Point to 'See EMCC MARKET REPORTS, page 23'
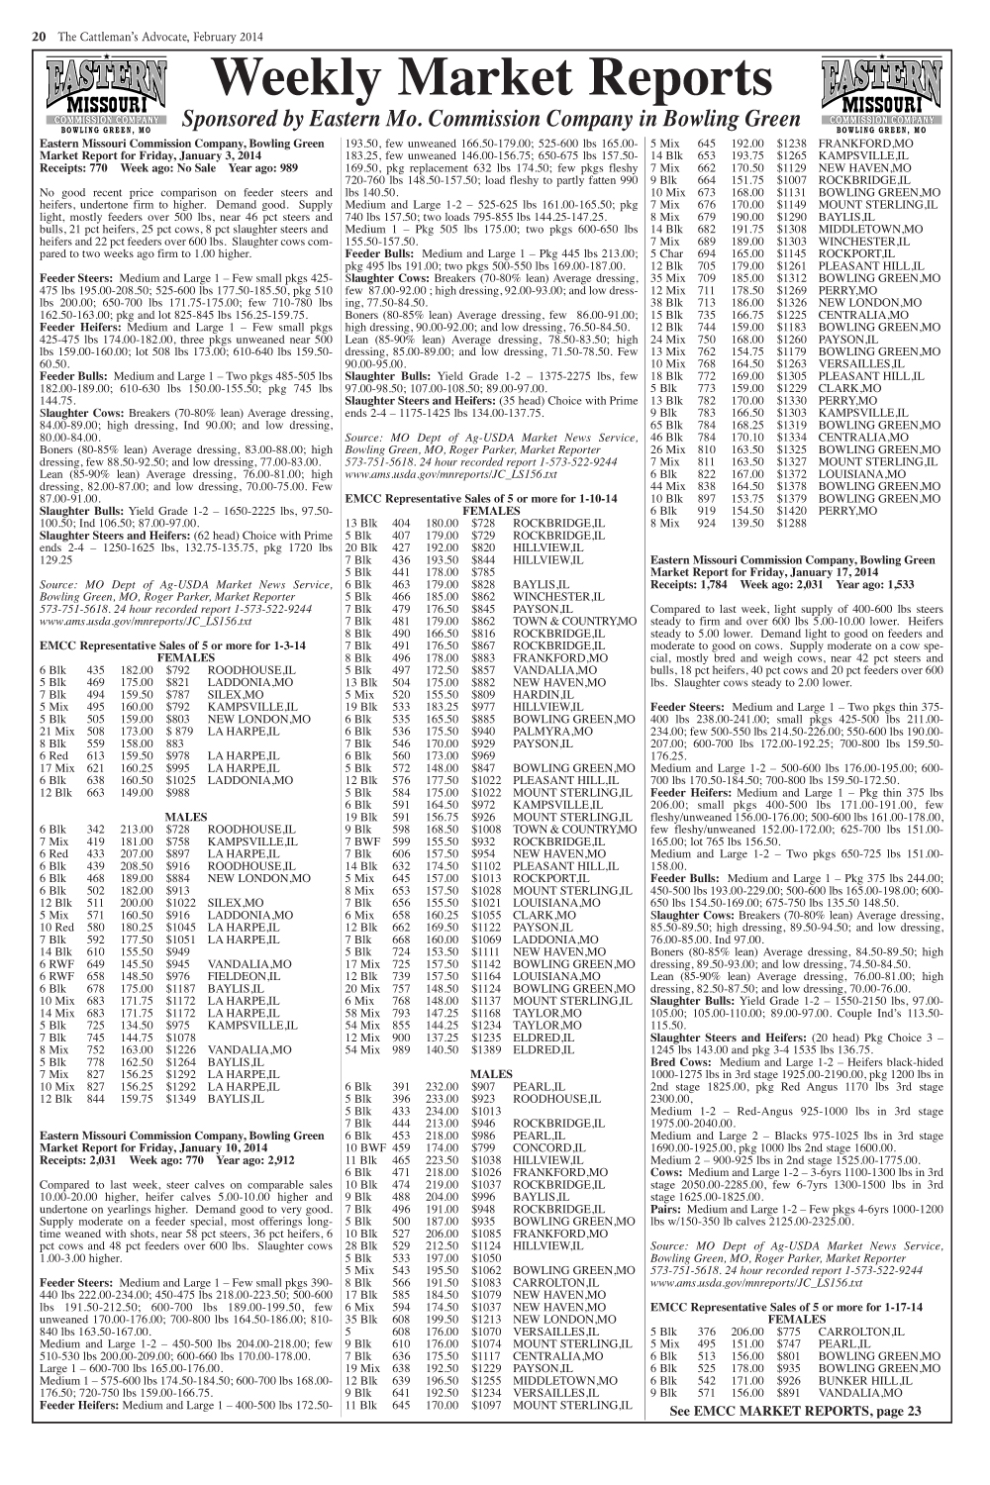point(795,1411)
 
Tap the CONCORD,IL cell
point(544,1147)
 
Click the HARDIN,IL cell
point(539,695)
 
